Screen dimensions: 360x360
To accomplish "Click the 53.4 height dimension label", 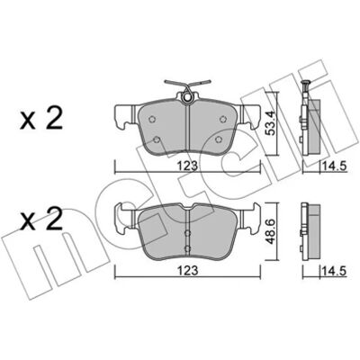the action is pos(272,123).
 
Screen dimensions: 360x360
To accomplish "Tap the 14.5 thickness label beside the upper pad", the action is pos(334,166).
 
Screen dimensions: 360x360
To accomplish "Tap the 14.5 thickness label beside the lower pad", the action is pos(334,271).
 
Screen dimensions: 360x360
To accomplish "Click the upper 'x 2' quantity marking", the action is pos(41,119).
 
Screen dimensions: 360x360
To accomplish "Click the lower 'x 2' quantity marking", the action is pos(41,219).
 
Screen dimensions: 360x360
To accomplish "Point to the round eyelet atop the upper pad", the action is pos(187,98).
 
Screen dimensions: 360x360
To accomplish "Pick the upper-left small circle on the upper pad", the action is pos(152,119).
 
